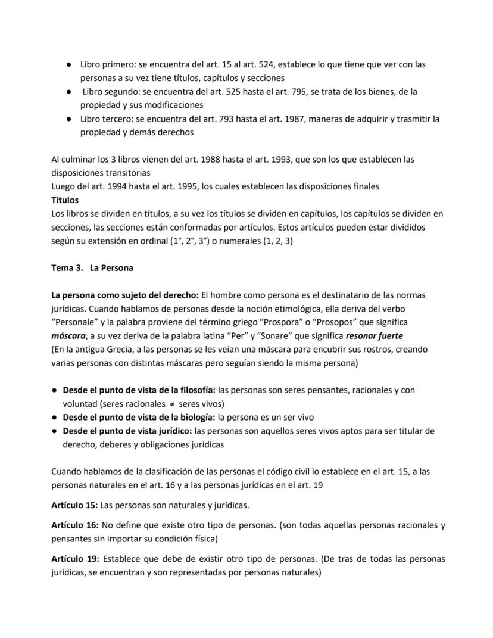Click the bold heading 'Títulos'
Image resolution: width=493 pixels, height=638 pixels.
(65, 200)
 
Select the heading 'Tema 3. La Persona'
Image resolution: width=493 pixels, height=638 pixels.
(92, 268)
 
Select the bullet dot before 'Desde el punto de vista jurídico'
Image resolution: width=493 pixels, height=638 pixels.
(54, 431)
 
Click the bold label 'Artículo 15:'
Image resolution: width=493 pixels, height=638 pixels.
(74, 505)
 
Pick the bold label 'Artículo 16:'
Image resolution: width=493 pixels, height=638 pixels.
(74, 526)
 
